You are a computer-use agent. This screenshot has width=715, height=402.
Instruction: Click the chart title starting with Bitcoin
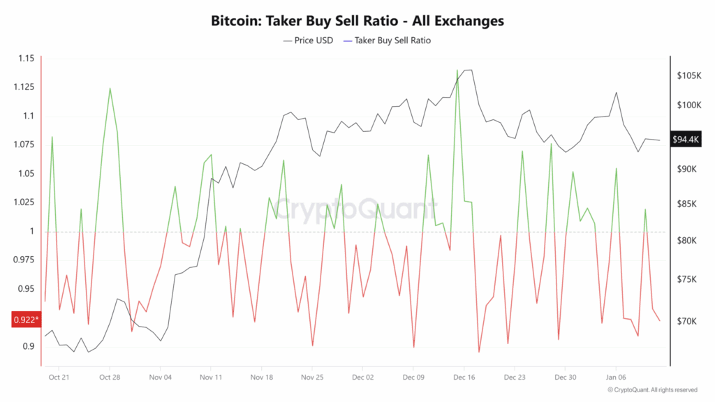(x=357, y=21)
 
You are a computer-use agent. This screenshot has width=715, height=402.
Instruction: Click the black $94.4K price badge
(x=686, y=140)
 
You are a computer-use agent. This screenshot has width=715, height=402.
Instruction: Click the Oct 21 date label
(x=59, y=376)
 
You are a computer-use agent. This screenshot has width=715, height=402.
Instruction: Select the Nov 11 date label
(x=210, y=376)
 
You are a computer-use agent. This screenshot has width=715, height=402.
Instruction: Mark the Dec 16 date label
(x=464, y=376)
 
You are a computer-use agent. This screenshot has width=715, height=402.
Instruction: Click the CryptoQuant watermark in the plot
(x=355, y=208)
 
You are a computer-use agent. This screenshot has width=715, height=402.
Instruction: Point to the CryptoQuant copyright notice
(x=652, y=389)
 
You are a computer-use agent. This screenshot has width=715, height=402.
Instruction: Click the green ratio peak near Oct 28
(x=110, y=89)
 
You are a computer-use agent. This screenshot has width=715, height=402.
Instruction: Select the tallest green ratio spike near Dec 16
(x=457, y=70)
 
